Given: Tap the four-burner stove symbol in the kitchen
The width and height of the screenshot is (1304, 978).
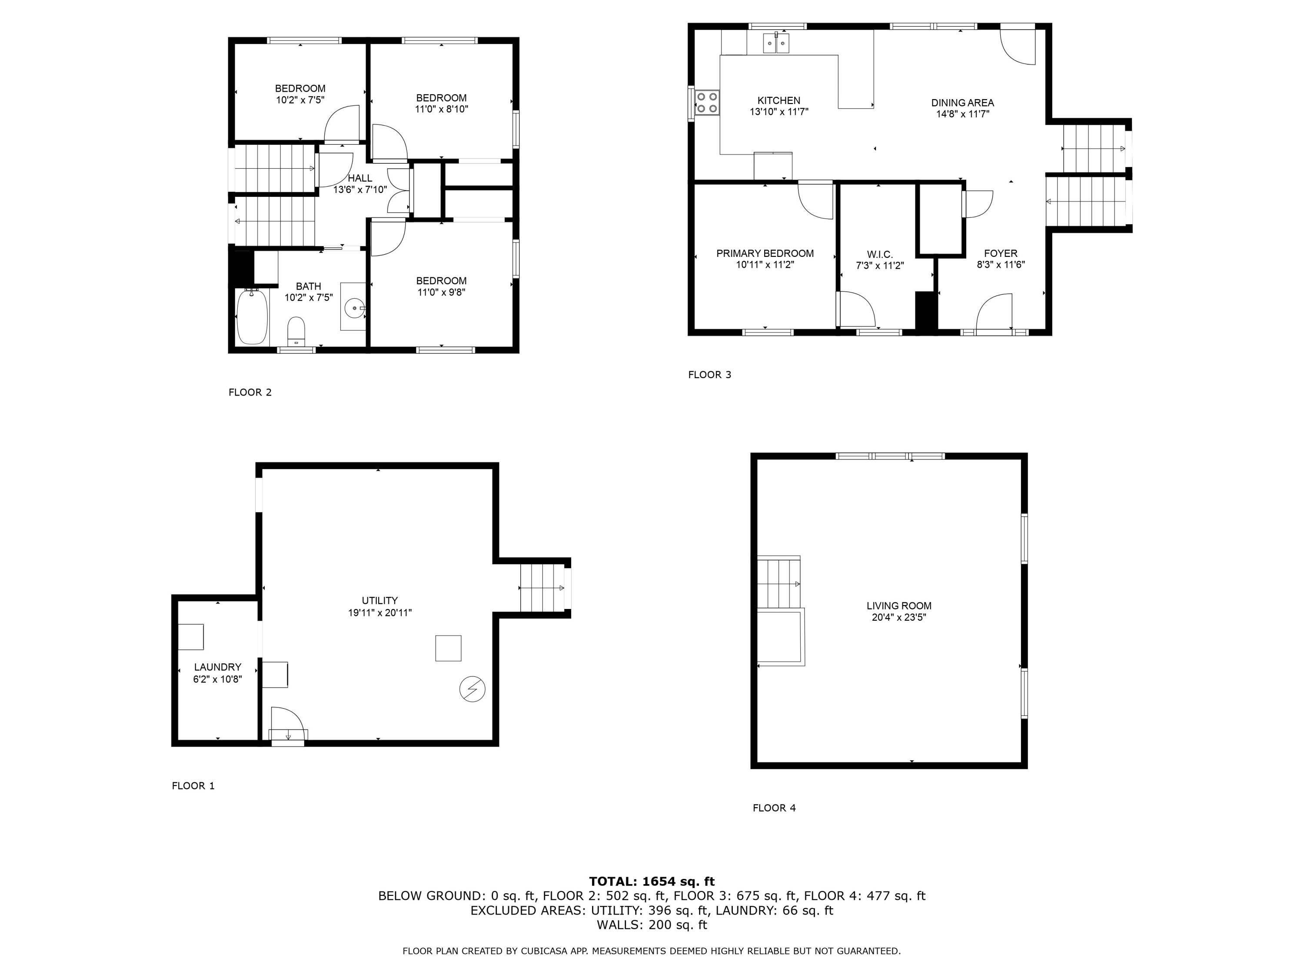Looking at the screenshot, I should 706,102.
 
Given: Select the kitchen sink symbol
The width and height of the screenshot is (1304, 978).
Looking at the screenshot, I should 776,43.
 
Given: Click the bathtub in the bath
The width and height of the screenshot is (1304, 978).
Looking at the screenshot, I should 252,316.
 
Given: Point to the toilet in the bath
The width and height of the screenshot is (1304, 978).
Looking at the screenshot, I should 296,331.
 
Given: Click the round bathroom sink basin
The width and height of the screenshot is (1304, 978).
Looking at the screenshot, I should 354,308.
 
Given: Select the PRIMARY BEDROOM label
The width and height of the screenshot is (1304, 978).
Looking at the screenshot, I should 765,253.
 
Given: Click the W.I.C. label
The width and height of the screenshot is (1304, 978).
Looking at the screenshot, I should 880,255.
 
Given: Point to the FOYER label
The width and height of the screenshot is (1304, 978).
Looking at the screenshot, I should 1001,253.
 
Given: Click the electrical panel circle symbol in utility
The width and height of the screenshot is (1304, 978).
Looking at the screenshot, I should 472,689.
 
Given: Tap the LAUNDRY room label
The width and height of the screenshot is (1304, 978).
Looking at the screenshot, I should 217,667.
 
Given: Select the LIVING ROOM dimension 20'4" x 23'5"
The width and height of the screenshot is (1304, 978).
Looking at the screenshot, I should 898,617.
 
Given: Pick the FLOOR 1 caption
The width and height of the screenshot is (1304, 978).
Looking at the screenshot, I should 193,785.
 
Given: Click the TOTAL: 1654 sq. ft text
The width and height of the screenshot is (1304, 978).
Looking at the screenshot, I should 652,882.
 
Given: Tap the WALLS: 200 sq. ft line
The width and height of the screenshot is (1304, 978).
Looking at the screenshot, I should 652,925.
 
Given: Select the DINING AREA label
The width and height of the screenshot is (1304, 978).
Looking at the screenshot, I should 962,103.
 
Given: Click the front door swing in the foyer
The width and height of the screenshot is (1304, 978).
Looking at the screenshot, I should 995,313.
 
